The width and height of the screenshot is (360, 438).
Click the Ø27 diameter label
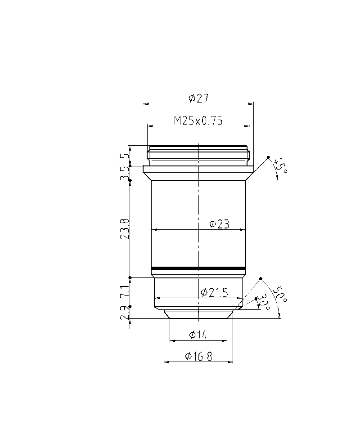click(198, 98)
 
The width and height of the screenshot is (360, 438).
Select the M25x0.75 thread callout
click(198, 121)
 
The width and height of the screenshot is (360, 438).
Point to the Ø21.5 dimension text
click(215, 293)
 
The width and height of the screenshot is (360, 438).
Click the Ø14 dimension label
click(198, 335)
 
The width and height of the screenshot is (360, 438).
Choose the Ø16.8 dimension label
click(198, 357)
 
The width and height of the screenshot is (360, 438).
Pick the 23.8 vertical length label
click(125, 228)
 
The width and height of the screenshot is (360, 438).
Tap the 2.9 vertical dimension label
click(125, 313)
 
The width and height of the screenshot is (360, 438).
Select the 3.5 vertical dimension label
click(125, 174)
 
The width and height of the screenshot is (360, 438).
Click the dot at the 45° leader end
click(268, 157)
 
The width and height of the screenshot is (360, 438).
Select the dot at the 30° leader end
click(256, 299)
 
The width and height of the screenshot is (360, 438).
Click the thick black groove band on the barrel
click(198, 269)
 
